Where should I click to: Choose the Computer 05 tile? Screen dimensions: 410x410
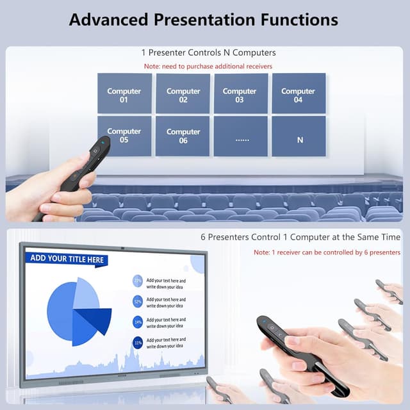pos(124,136)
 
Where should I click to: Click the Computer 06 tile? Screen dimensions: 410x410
pos(183,136)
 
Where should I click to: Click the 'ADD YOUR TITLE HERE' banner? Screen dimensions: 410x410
pos(66,259)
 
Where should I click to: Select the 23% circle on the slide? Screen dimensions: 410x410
pos(138,281)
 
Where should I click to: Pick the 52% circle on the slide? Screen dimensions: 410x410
pos(138,301)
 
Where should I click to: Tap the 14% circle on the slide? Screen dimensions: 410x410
pos(138,322)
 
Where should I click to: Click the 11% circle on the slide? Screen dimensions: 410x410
pos(138,343)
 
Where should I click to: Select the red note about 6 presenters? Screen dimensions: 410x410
pos(327,252)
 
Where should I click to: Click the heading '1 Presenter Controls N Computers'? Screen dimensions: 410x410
pos(208,53)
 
